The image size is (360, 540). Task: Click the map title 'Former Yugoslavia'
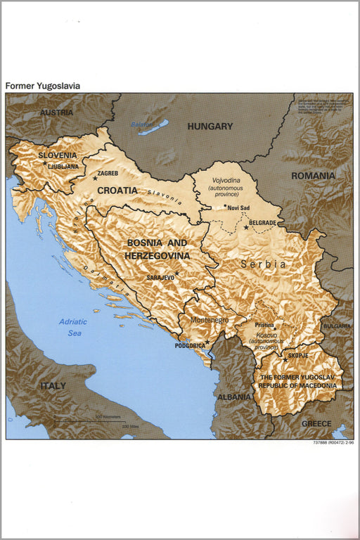click(43, 86)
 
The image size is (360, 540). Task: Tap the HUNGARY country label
click(210, 127)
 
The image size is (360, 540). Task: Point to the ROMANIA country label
click(314, 175)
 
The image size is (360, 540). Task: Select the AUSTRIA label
click(56, 112)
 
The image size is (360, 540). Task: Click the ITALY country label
click(53, 386)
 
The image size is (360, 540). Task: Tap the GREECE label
click(316, 424)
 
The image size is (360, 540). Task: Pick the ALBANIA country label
click(234, 397)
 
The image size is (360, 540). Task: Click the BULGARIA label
click(337, 326)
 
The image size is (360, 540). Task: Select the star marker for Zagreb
click(94, 179)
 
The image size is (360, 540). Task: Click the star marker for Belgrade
click(246, 227)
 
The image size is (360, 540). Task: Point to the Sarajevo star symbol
click(176, 274)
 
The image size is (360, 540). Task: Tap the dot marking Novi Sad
click(225, 207)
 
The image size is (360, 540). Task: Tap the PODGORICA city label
click(190, 346)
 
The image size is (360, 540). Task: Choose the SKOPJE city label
click(297, 356)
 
